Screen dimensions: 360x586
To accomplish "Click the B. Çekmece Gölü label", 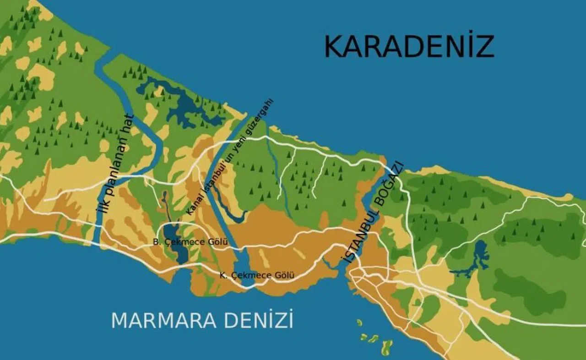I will click(190, 242).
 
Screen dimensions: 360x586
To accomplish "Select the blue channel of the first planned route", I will click(151, 137).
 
